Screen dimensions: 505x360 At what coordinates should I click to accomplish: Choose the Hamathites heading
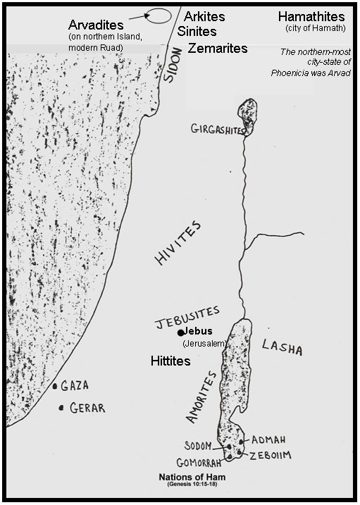tap(311, 16)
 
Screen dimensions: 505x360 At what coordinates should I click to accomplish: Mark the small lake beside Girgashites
tap(247, 113)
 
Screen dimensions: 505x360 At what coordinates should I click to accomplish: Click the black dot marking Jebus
tap(181, 332)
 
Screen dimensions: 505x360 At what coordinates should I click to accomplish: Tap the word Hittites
tap(172, 360)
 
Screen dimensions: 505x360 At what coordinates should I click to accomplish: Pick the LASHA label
tap(282, 347)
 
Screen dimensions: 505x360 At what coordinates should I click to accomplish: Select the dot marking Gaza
tap(55, 387)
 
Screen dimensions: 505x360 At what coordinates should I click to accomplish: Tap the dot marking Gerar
tap(62, 407)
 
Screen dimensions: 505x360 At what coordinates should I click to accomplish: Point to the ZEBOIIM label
tap(271, 454)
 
